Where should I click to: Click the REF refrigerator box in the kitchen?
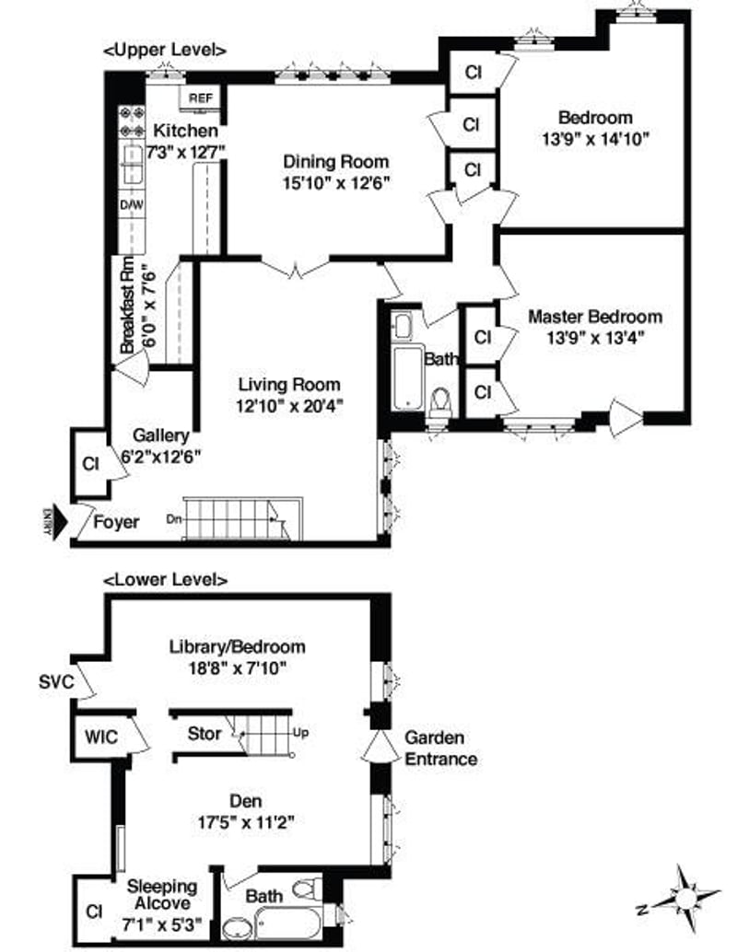coord(199,98)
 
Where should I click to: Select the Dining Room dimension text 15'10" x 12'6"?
coord(337,183)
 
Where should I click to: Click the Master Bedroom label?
coord(594,317)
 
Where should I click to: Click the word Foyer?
coord(117,523)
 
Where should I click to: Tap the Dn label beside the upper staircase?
coord(173,518)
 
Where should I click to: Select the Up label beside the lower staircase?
coord(300,734)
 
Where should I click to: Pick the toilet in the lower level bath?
coord(305,890)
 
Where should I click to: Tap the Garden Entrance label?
coord(441,749)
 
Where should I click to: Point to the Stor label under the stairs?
coord(205,734)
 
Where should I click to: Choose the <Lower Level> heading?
coord(165,580)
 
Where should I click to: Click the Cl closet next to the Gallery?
coord(90,463)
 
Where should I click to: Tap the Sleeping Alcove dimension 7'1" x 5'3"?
coord(162,920)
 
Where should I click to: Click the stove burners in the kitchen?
coord(132,122)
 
